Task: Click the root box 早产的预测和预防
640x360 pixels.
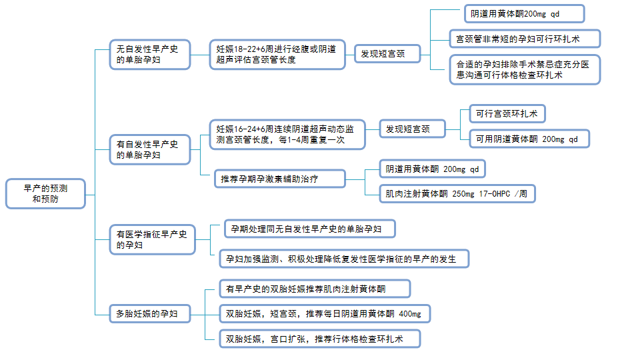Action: click(x=45, y=193)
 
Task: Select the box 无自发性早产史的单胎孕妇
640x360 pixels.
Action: click(x=150, y=54)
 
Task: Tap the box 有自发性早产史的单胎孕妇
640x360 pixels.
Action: click(x=150, y=149)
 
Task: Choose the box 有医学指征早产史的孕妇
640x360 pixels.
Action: click(x=152, y=239)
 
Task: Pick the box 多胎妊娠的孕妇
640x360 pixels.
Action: click(x=150, y=313)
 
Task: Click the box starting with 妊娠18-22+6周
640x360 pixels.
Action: click(x=277, y=54)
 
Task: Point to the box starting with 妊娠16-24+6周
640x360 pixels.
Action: click(x=287, y=134)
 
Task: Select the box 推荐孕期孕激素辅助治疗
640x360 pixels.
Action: click(x=280, y=179)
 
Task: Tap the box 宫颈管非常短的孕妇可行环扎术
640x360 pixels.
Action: click(x=525, y=39)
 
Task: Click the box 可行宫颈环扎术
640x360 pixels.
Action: click(x=507, y=113)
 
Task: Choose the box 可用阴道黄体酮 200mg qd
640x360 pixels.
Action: click(x=529, y=139)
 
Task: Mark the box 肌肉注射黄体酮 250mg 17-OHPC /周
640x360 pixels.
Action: click(x=457, y=193)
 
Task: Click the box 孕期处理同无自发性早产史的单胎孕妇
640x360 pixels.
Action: click(x=310, y=229)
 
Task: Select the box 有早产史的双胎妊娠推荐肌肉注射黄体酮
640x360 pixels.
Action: click(x=315, y=289)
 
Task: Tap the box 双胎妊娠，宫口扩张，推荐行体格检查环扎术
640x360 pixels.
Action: click(x=320, y=339)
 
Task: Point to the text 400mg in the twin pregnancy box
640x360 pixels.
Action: click(x=410, y=314)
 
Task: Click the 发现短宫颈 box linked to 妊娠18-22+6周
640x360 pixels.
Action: click(x=387, y=53)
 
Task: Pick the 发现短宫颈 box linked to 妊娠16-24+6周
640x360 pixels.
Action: click(x=412, y=129)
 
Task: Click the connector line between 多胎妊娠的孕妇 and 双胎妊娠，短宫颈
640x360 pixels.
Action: click(x=205, y=315)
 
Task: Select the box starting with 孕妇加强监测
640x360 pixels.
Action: click(x=344, y=259)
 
